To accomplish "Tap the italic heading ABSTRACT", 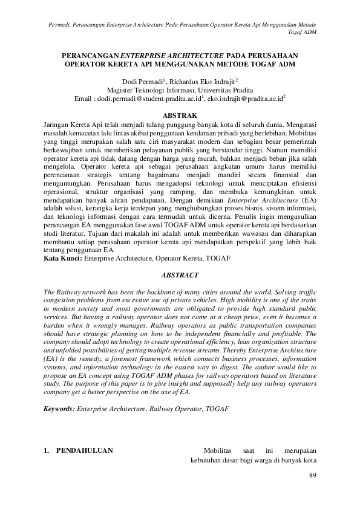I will click(x=180, y=275).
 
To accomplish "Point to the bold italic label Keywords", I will click(x=60, y=409).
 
